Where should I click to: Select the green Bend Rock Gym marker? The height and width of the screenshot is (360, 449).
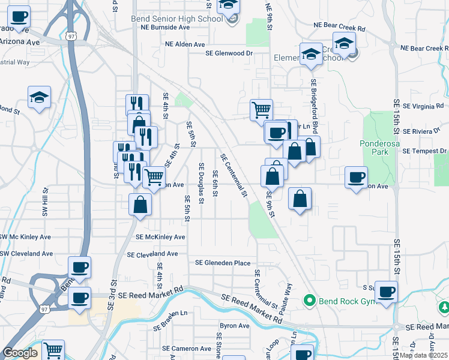coord(310,299)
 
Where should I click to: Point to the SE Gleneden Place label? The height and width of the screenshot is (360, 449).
coord(223,263)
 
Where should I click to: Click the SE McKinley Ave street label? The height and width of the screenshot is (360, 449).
coord(160,237)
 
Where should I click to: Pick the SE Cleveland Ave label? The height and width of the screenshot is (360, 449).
coord(152,254)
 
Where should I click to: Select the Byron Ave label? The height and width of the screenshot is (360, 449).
coord(235,326)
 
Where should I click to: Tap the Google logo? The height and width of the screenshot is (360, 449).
coord(20,353)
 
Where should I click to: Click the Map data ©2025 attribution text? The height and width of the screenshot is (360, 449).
coord(424,355)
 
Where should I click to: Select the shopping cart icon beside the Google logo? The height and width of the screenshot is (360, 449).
coord(53,349)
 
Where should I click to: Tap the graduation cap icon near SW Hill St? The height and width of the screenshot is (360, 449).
coord(39,97)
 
